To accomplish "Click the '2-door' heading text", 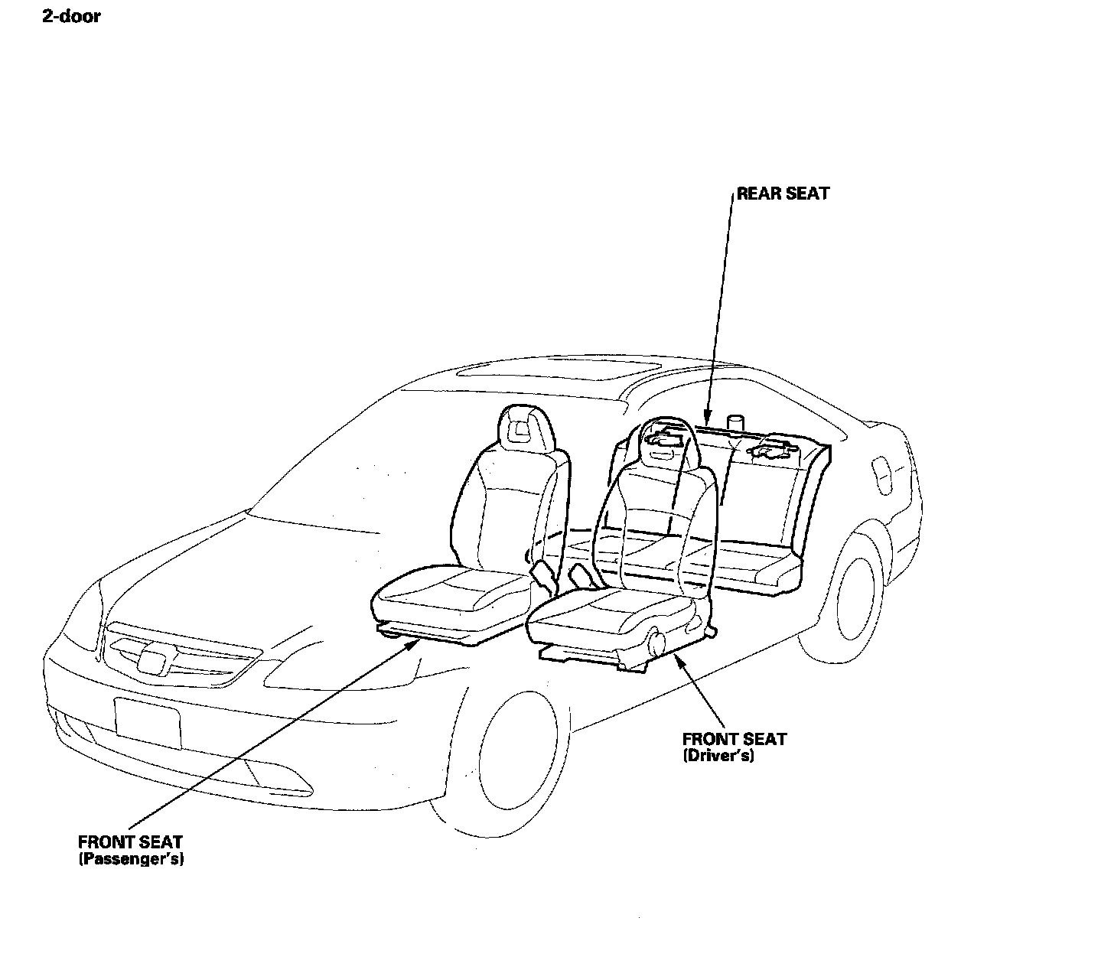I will (71, 16).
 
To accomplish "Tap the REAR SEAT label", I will (782, 194).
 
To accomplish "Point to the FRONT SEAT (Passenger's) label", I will (131, 850).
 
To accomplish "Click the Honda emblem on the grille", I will (152, 659).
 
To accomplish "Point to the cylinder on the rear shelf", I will (735, 423).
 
